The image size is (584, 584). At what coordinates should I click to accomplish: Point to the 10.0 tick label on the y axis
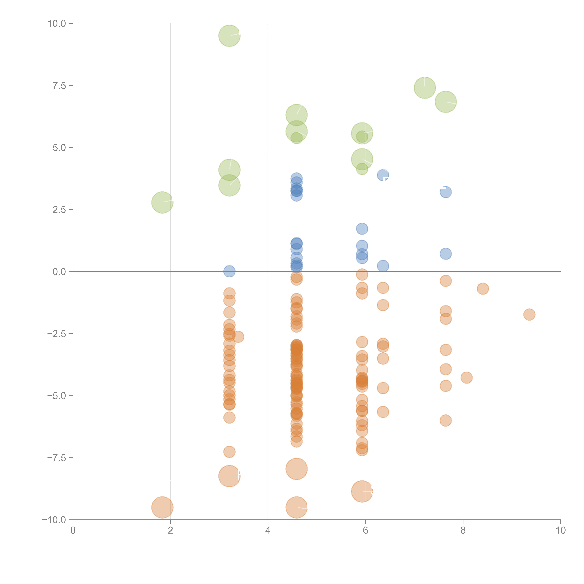[x=57, y=24]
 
